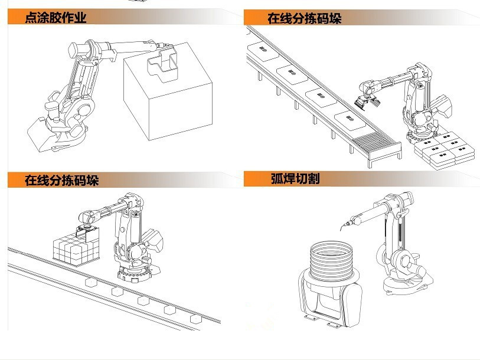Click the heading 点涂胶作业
55,18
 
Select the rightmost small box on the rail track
195,318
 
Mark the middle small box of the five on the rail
142,300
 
